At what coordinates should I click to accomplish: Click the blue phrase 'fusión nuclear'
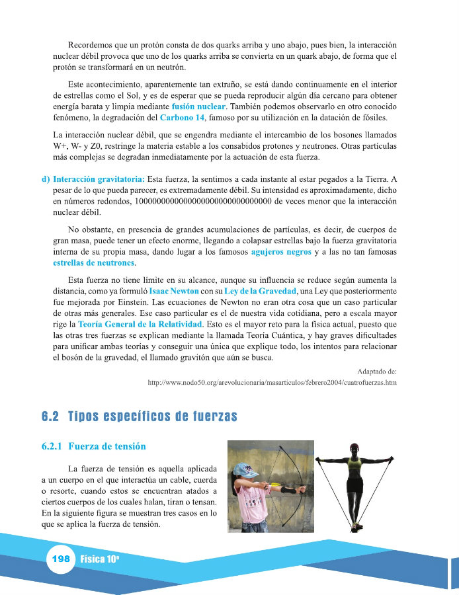[198, 106]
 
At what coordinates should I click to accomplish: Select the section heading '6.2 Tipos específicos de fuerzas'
[139, 417]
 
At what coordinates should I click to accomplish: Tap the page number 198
[60, 559]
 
